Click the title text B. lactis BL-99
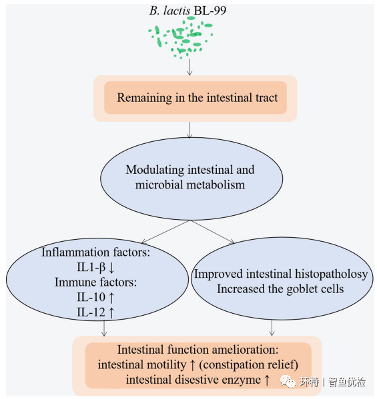(x=188, y=11)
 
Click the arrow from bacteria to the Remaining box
(x=190, y=67)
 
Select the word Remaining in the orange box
(x=145, y=98)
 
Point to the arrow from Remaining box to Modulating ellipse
(x=190, y=130)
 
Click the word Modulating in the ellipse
(x=155, y=170)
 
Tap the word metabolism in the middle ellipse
(x=216, y=185)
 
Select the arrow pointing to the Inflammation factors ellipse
(x=166, y=232)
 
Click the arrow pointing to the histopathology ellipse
(x=213, y=232)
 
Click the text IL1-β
(x=91, y=267)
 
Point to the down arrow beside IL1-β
(x=112, y=267)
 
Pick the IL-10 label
(x=91, y=297)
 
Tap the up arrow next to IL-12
(x=111, y=312)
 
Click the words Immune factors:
(x=96, y=282)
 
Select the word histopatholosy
(x=332, y=274)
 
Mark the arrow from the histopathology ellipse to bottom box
(x=272, y=328)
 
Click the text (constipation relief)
(x=248, y=365)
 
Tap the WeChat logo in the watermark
(x=288, y=382)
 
